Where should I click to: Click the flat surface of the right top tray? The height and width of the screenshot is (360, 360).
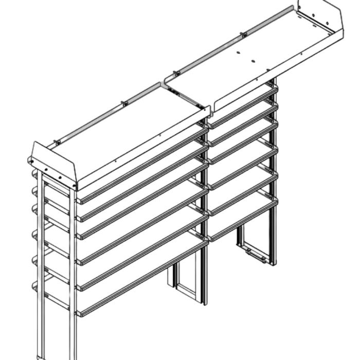click(257, 57)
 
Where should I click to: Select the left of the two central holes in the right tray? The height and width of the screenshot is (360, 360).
click(239, 53)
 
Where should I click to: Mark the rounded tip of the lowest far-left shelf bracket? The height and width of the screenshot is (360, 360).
click(34, 285)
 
